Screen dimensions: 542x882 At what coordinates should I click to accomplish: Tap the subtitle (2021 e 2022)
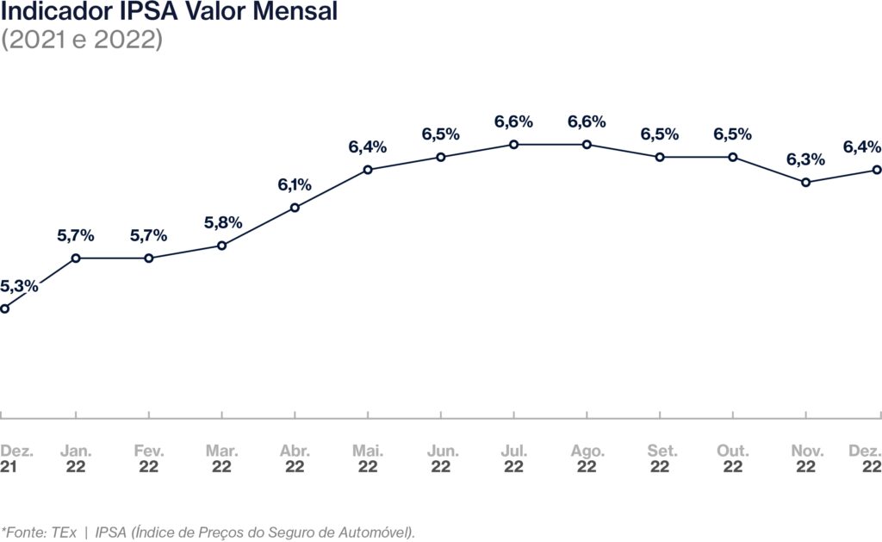point(83,40)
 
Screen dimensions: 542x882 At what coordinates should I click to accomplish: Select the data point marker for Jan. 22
point(77,258)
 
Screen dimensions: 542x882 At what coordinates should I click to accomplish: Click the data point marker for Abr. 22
point(295,207)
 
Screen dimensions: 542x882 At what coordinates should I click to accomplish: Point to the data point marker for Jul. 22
point(514,145)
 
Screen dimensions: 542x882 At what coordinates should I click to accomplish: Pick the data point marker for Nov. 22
point(805,183)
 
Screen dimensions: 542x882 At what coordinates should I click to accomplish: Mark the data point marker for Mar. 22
point(222,246)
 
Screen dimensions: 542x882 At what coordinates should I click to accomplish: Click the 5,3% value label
point(19,286)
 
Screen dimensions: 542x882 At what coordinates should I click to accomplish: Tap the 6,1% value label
point(295,184)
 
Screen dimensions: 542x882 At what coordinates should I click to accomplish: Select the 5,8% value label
point(222,222)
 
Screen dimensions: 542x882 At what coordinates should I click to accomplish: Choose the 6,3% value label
point(805,159)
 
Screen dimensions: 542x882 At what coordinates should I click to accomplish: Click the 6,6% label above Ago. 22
point(587,121)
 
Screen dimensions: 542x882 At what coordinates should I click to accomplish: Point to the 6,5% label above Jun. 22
point(441,134)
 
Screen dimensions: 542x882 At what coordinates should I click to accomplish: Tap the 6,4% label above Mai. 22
point(368,147)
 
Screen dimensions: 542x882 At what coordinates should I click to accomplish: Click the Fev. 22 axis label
point(149,459)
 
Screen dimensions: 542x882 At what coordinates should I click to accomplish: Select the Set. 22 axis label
point(660,459)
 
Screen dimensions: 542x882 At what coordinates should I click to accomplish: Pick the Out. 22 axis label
point(733,459)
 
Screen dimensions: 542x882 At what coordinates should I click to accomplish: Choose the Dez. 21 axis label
point(14,459)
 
